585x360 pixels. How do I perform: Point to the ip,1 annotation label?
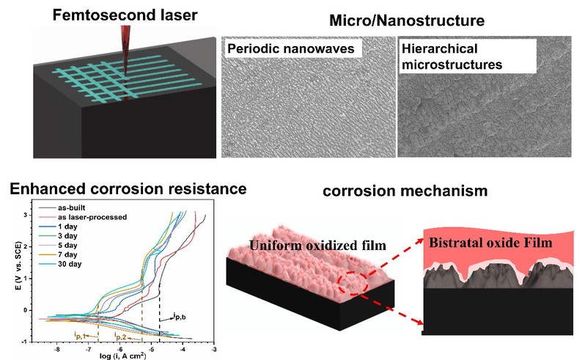click(x=81, y=335)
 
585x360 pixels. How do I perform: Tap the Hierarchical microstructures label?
click(x=450, y=57)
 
